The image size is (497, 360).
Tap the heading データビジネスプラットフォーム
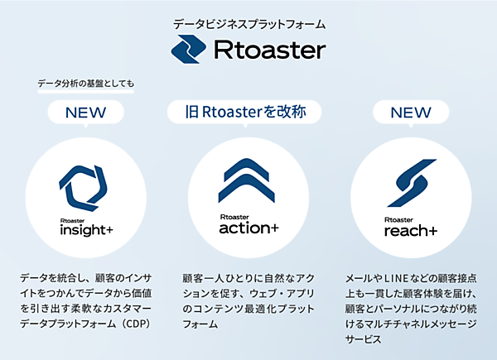point(249,24)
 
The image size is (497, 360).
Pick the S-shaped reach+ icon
point(410,182)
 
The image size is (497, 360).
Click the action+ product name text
point(248,228)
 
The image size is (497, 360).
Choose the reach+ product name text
point(410,231)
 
